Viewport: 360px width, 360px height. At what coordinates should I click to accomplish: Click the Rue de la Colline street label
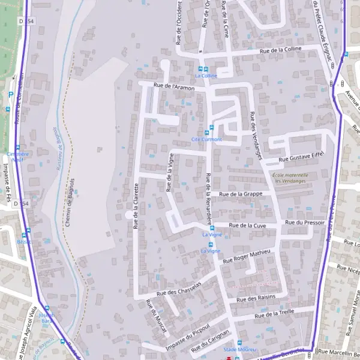(x=280, y=50)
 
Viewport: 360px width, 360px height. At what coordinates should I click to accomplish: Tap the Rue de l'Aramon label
(x=175, y=88)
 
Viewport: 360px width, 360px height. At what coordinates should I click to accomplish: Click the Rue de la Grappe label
(x=241, y=194)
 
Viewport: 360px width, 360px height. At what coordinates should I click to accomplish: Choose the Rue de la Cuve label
(x=248, y=225)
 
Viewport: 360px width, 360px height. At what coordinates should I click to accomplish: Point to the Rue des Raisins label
(x=256, y=298)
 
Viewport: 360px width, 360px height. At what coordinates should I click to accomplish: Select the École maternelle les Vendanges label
(x=289, y=178)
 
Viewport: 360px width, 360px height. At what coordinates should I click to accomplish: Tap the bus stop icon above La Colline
(x=206, y=69)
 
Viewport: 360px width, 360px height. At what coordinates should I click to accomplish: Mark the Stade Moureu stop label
(x=236, y=349)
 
